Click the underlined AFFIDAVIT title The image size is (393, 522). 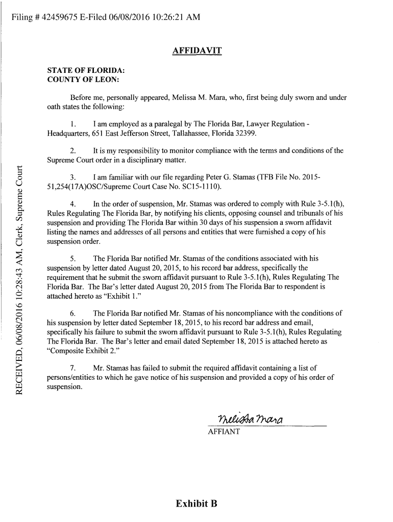pyautogui.click(x=196, y=50)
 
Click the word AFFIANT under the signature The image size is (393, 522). pyautogui.click(x=223, y=432)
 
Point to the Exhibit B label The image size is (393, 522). pyautogui.click(x=196, y=504)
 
